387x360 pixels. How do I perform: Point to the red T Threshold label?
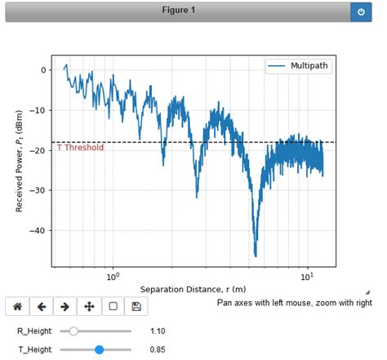(x=80, y=148)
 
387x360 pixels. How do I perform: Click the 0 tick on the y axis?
(x=46, y=70)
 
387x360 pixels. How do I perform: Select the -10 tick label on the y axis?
(x=41, y=110)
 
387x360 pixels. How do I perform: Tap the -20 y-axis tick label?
(x=41, y=150)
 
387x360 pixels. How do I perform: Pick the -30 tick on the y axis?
(x=41, y=190)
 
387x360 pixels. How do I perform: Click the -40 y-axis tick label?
(x=41, y=230)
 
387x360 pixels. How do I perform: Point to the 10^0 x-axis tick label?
(x=113, y=277)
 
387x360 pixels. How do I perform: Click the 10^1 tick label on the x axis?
(x=308, y=277)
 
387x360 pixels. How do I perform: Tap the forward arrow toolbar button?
(x=64, y=307)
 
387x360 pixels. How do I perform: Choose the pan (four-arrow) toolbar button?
(x=89, y=307)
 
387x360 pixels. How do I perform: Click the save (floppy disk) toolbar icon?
(x=136, y=307)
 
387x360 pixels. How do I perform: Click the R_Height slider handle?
(x=74, y=331)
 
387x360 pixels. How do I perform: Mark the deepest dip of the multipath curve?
(x=256, y=255)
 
